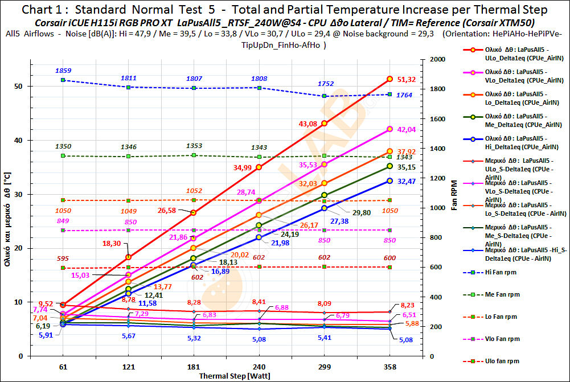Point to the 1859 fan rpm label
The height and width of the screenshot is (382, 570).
63,70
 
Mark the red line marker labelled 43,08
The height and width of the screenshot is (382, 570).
325,124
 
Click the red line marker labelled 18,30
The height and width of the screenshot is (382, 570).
129,257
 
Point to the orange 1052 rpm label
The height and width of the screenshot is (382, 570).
194,191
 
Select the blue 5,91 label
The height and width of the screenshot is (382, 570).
46,335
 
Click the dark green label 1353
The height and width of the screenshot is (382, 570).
194,146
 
